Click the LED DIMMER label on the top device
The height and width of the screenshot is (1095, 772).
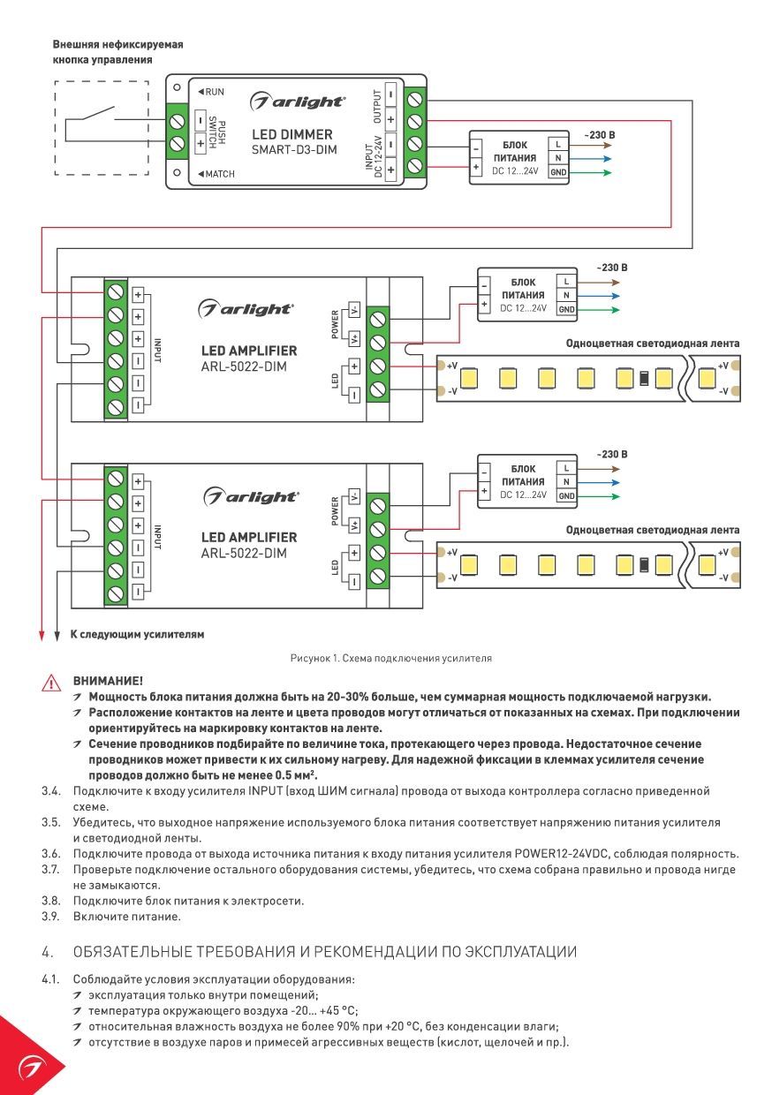tap(291, 134)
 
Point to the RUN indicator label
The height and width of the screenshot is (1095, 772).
tap(211, 92)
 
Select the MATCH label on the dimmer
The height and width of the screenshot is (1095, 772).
tap(216, 174)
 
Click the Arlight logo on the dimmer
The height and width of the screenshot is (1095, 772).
tap(298, 102)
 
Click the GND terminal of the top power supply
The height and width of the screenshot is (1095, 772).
tap(558, 172)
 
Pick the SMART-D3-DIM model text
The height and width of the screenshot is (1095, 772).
tap(294, 149)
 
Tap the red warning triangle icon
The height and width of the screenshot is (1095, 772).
tap(51, 683)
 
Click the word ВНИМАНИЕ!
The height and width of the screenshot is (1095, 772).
tap(108, 681)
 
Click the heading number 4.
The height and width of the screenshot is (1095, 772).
tap(47, 952)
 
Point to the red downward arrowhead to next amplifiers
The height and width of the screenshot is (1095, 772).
tap(42, 635)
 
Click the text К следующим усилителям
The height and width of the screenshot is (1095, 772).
tap(137, 634)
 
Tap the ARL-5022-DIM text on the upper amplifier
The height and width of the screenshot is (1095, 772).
tap(244, 366)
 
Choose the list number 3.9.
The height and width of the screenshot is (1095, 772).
tap(50, 916)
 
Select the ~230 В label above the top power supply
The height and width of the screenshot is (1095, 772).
tap(600, 135)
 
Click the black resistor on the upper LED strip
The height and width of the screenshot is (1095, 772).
tap(644, 378)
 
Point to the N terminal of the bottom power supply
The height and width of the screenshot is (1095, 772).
tap(566, 482)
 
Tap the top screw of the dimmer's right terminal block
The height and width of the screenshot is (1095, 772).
tap(414, 99)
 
